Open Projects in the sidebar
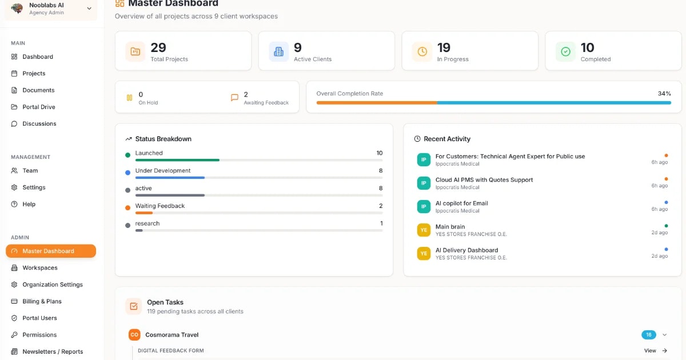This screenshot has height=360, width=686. (x=34, y=73)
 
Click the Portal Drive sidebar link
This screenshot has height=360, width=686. (x=38, y=107)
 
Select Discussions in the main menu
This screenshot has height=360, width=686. (x=39, y=123)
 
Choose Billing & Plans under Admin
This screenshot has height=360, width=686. (x=42, y=301)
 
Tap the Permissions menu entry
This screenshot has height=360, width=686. (x=39, y=335)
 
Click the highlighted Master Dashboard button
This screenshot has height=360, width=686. (x=51, y=251)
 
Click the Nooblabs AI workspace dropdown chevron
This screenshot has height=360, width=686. (x=89, y=9)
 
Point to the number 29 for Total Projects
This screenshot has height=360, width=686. (x=158, y=47)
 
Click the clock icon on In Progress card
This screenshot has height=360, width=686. (x=422, y=51)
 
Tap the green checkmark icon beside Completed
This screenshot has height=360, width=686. (x=565, y=51)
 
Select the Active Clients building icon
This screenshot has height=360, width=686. (x=278, y=51)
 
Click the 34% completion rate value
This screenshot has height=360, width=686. (x=664, y=94)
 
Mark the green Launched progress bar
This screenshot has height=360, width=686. (x=177, y=160)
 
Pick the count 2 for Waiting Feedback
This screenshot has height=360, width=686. (x=381, y=206)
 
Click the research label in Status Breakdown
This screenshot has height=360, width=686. (x=147, y=223)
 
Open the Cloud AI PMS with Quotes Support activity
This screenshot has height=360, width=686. (x=484, y=180)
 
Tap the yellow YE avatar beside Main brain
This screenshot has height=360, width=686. (x=424, y=230)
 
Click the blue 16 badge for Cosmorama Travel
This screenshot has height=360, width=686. (x=649, y=335)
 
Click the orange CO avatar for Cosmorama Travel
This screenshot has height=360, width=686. (x=134, y=335)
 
